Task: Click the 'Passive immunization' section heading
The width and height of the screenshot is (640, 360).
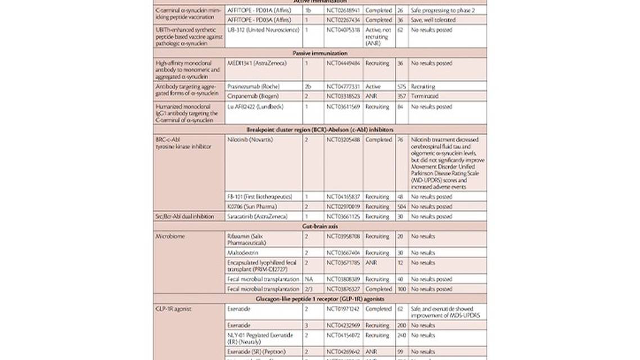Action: coord(320,53)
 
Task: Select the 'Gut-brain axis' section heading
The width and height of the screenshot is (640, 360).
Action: coord(320,226)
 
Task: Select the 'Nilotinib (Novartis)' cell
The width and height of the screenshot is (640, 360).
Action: coord(250,139)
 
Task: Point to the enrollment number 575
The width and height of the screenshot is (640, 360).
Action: coord(400,87)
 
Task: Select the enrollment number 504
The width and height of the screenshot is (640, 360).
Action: coord(400,206)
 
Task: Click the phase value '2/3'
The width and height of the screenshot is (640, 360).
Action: coord(308,289)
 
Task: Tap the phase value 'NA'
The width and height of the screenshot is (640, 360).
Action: coord(308,279)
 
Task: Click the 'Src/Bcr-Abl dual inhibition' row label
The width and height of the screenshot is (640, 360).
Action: coord(188,216)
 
